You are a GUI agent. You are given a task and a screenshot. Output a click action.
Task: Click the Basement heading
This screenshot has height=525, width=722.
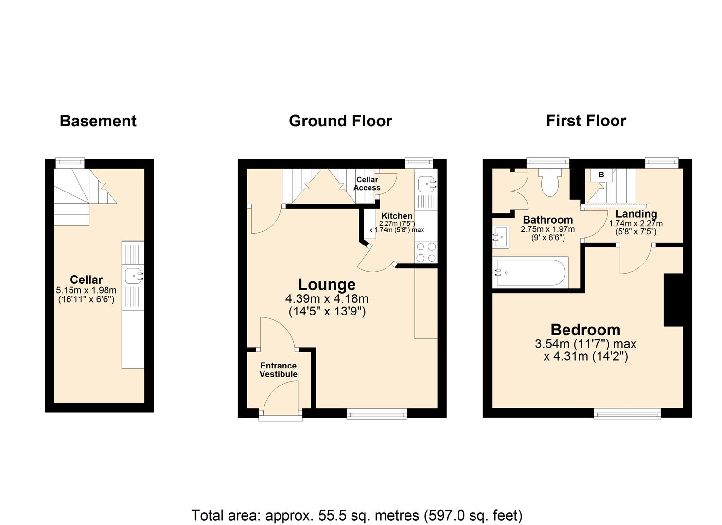pyautogui.click(x=98, y=121)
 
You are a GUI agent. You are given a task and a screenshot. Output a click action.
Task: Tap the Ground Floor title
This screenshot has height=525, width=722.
pyautogui.click(x=340, y=121)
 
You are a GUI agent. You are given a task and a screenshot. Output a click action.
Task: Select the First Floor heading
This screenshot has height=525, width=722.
pyautogui.click(x=586, y=121)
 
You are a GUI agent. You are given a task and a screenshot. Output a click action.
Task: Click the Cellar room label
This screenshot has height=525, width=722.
pyautogui.click(x=86, y=280)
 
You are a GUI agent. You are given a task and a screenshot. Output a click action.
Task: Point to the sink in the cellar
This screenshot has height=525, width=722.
pyautogui.click(x=133, y=276)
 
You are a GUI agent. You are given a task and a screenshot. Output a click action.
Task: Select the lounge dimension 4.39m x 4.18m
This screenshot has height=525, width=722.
pyautogui.click(x=327, y=298)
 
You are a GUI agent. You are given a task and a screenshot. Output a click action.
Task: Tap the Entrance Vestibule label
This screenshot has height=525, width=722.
pyautogui.click(x=278, y=370)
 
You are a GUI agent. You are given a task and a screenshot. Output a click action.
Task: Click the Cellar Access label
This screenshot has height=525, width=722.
pyautogui.click(x=367, y=184)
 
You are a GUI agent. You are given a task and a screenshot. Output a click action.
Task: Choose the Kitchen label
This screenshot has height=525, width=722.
pyautogui.click(x=397, y=216)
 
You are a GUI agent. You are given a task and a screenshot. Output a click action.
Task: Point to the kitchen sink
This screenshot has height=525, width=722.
pyautogui.click(x=426, y=184)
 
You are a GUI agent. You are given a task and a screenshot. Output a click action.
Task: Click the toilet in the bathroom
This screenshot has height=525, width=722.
pyautogui.click(x=549, y=182)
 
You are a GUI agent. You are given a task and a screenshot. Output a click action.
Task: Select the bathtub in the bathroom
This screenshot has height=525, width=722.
pyautogui.click(x=530, y=272)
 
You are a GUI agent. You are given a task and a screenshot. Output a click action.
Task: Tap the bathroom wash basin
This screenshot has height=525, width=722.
pyautogui.click(x=500, y=237)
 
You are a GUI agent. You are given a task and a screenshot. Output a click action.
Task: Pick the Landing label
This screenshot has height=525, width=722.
pyautogui.click(x=636, y=214)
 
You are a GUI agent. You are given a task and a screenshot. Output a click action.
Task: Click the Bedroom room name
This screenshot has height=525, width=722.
pyautogui.click(x=585, y=330)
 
